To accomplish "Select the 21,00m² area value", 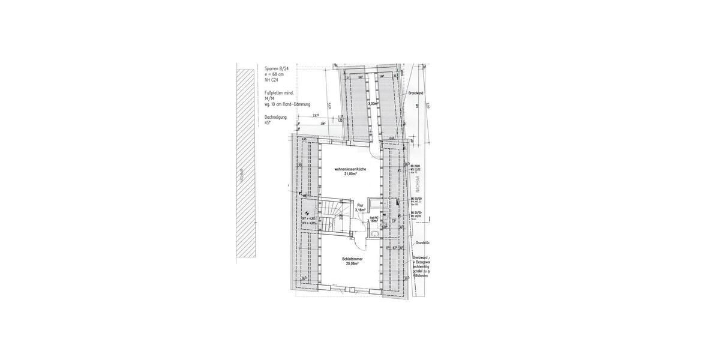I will point(350,175).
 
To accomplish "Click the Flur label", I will point(361,205).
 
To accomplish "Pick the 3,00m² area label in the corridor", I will point(373,103).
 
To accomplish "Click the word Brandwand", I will point(416,93).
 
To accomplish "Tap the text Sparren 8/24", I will point(277,68).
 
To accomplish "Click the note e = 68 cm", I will point(274,74).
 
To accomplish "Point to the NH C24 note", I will point(272,79).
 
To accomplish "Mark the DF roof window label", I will point(394,221).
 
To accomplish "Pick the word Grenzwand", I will point(419,257).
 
